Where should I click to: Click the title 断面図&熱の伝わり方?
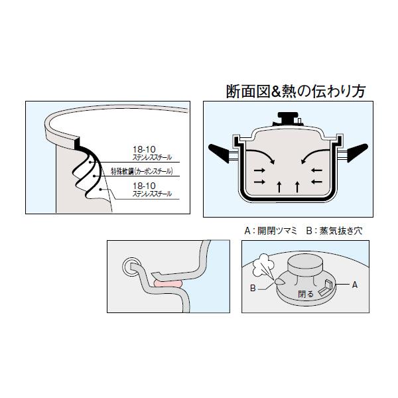[296, 92]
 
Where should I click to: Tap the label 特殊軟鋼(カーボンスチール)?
[142, 172]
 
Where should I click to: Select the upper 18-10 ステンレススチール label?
[152, 153]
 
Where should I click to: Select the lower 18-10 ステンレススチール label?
[152, 190]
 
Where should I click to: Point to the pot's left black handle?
[220, 153]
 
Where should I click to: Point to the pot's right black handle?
[357, 153]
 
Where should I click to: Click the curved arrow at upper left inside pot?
[261, 157]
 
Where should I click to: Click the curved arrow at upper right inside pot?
[315, 157]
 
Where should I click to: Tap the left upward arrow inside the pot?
[279, 187]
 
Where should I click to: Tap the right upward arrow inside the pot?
[297, 187]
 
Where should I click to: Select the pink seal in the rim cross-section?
[168, 284]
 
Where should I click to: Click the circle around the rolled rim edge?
[131, 267]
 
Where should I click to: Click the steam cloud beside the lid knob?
[263, 265]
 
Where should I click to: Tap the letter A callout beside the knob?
[355, 285]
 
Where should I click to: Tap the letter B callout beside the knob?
[253, 288]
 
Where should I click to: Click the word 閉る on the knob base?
[306, 294]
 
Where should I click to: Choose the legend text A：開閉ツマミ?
[271, 231]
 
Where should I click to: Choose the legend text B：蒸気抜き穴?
[334, 231]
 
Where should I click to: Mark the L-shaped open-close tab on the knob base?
[324, 287]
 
